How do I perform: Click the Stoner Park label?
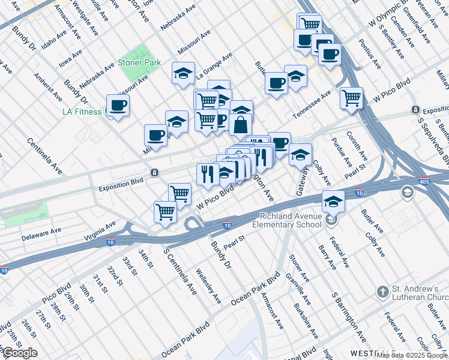click(139, 62)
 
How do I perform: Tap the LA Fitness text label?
click(83, 111)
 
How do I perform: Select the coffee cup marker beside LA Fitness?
click(118, 106)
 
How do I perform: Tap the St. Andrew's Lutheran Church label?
click(420, 293)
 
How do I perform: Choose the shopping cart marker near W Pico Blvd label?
click(179, 193)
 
